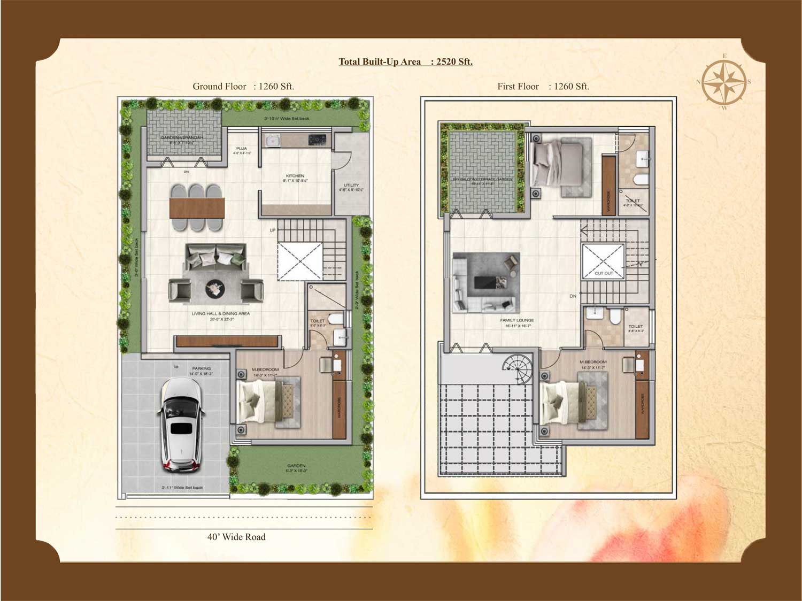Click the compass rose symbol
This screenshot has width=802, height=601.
[724, 82]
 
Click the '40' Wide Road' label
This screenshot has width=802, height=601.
[236, 537]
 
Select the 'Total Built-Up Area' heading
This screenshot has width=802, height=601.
[405, 61]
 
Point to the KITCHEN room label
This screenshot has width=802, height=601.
[295, 176]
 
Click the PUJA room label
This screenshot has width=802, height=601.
[242, 149]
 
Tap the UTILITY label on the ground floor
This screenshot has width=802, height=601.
[351, 185]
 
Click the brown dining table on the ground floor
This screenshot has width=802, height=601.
[197, 208]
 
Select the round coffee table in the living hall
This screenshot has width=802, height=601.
[216, 289]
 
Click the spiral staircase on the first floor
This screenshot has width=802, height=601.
[516, 365]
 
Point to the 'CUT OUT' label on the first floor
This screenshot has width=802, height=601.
[604, 273]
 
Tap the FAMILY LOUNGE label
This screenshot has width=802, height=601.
[517, 320]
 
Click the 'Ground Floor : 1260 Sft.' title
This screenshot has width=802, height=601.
[243, 86]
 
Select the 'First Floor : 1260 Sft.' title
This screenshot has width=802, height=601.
[543, 86]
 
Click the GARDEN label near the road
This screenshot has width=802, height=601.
[296, 466]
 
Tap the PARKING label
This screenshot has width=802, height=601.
[202, 368]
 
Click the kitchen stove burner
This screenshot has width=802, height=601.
[317, 140]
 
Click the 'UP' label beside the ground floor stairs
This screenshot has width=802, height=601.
[273, 230]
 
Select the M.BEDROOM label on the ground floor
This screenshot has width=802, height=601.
[265, 369]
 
